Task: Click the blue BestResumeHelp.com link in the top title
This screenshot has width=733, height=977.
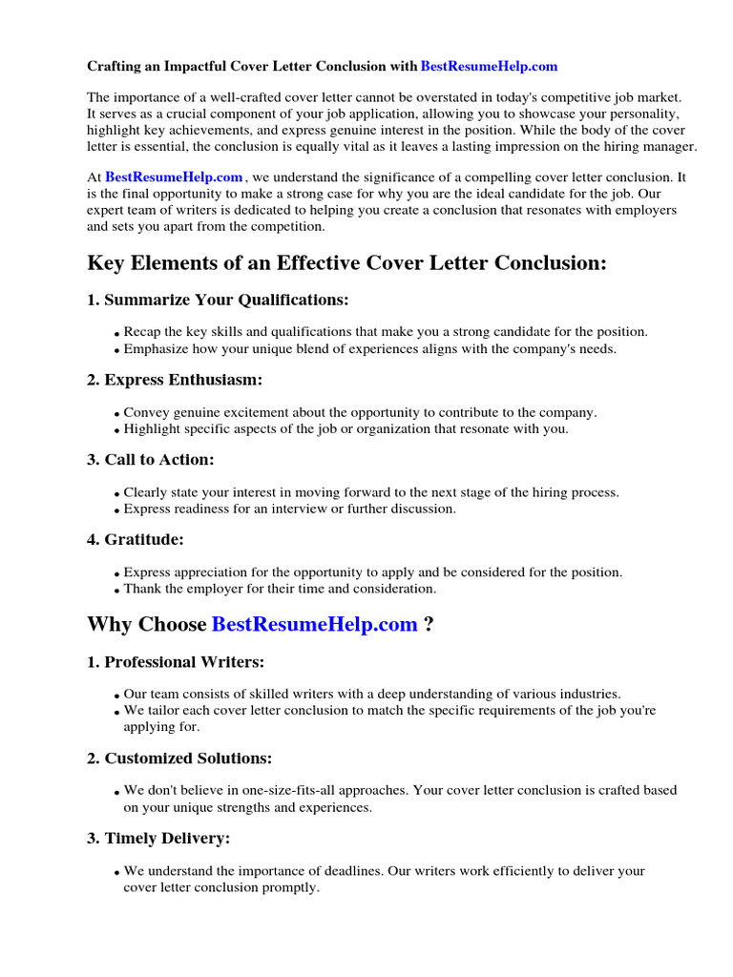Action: tap(489, 66)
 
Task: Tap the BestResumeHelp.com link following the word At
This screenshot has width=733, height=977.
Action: tap(174, 177)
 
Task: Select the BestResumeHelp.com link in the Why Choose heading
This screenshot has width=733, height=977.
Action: tap(314, 625)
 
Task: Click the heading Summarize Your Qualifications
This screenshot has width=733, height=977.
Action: tap(218, 300)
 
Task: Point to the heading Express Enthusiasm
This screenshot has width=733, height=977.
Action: tap(175, 380)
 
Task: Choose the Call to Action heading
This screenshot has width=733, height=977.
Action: tap(151, 460)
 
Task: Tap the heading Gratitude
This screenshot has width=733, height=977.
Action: tap(136, 540)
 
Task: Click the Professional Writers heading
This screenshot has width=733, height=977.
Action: tap(176, 661)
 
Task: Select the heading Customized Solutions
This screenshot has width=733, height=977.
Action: tap(179, 759)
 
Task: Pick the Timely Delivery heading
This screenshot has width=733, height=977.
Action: tap(158, 839)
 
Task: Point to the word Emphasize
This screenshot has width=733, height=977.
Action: tap(157, 348)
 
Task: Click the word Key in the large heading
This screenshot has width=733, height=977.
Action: tap(107, 263)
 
